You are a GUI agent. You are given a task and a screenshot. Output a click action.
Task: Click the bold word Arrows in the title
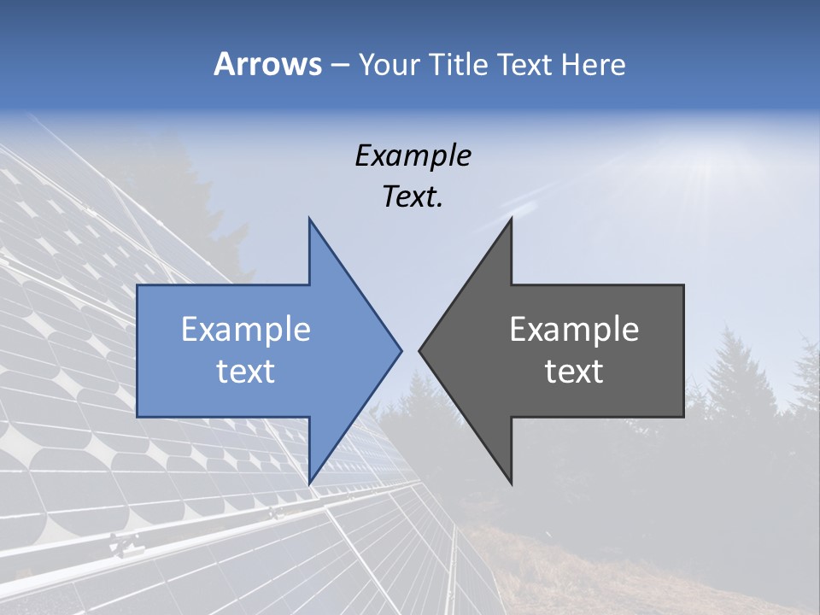point(267,64)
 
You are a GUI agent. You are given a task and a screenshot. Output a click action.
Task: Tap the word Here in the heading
point(593,64)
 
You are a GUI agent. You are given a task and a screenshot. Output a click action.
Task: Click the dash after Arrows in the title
point(339,65)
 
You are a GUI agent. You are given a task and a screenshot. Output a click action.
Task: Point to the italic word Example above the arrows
point(413,155)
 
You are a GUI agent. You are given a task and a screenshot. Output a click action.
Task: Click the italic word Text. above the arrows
point(413,197)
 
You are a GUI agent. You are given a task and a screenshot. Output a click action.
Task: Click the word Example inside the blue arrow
point(246,330)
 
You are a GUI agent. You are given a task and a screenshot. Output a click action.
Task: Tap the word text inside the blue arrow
point(246,372)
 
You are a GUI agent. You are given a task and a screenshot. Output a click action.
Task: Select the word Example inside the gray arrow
point(574,330)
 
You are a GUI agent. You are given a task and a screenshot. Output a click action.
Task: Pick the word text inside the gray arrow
point(574,372)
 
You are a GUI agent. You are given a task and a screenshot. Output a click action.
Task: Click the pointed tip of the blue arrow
point(401,350)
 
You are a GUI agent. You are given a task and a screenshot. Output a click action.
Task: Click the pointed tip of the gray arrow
point(420,350)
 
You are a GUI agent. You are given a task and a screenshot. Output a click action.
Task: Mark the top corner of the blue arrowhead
point(309,220)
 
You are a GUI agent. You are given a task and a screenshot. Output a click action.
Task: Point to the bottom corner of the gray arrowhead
point(511,483)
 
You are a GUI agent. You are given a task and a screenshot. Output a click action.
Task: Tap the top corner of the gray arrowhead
point(511,220)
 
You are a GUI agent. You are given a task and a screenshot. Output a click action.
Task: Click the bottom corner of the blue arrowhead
point(309,483)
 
